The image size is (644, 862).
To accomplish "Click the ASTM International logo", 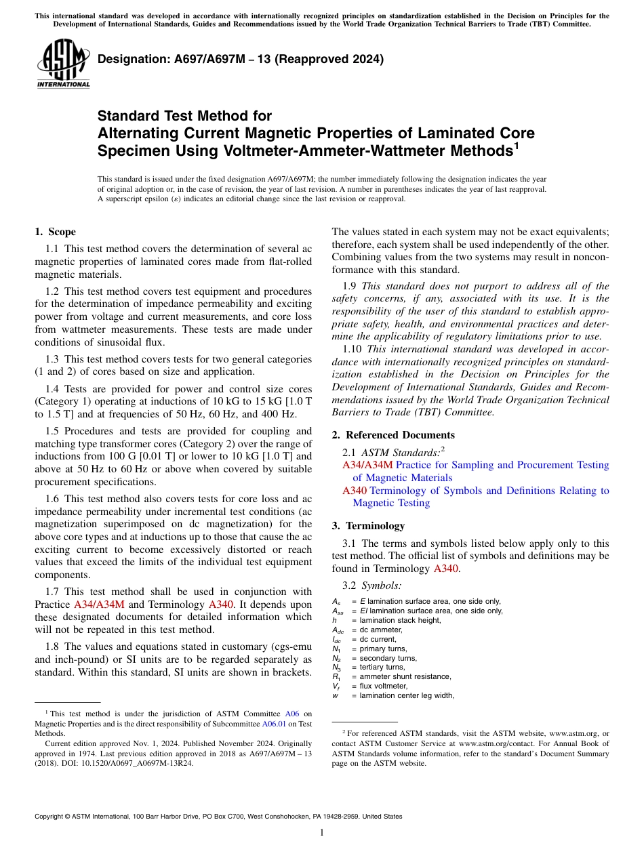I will (63, 64).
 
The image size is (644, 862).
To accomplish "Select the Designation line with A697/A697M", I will (241, 59).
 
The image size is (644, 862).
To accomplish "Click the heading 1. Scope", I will (55, 232).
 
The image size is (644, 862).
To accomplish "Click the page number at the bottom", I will (322, 833).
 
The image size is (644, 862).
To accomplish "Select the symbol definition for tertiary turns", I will (379, 667).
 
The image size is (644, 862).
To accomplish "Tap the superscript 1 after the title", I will (517, 146).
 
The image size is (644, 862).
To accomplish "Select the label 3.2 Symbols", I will (372, 586).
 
